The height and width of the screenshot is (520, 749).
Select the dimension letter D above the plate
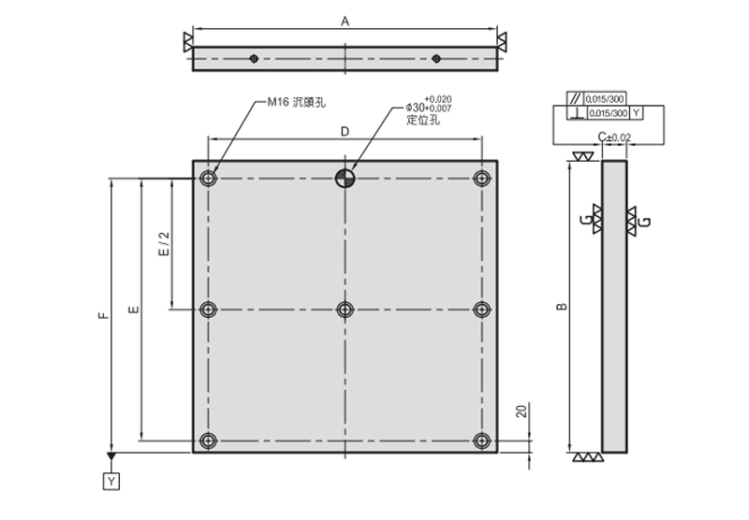345,132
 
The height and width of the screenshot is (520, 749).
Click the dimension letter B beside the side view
559,306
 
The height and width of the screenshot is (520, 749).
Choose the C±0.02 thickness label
614,138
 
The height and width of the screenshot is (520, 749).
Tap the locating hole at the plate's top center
345,178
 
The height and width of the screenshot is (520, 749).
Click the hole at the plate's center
345,310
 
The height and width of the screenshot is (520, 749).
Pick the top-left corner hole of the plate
208,178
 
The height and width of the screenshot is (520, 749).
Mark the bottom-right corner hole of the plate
482,440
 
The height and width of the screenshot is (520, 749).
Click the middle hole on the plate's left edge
208,310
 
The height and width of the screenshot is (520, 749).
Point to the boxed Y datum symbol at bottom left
111,481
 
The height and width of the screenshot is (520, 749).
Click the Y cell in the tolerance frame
638,113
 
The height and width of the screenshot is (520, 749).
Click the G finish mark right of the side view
645,222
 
